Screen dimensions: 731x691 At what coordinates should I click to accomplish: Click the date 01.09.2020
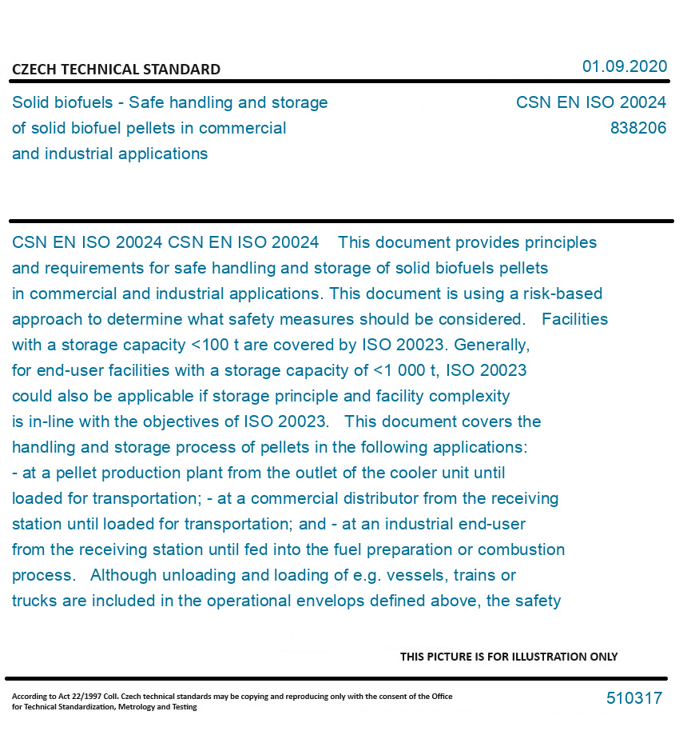click(624, 66)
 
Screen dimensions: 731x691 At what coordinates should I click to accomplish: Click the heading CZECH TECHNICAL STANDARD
click(116, 70)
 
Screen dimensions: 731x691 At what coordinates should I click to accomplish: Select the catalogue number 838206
click(637, 128)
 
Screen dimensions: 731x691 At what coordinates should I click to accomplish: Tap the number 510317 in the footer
click(633, 698)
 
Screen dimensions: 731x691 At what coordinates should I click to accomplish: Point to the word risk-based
click(563, 294)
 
